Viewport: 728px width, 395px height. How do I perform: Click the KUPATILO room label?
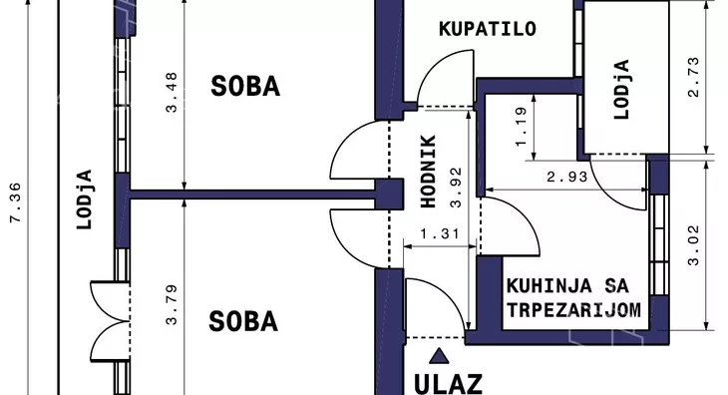[488, 29]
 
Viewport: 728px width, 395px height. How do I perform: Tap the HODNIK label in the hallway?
[428, 171]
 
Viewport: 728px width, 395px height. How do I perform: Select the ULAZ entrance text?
[448, 383]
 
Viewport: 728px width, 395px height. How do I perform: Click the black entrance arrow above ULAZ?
[436, 355]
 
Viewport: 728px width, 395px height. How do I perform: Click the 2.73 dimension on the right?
[695, 77]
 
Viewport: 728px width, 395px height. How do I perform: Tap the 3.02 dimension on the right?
[695, 244]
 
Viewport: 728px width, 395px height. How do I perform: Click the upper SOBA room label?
[245, 87]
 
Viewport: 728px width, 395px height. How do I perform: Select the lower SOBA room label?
[243, 321]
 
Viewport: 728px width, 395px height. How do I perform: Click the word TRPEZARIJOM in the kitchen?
[572, 309]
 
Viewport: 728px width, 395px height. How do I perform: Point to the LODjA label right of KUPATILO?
[621, 90]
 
